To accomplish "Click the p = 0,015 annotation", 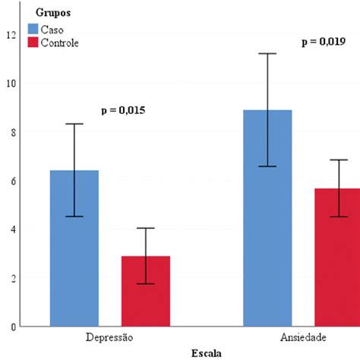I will pos(123,111).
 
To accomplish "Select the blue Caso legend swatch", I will pos(33,29).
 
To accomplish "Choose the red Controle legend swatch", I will pos(33,43).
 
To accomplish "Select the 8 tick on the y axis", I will pos(11,132).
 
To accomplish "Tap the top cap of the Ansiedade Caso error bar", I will pos(267,54).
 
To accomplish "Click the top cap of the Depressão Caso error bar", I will pos(74,124).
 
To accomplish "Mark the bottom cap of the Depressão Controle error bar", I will pos(146,284).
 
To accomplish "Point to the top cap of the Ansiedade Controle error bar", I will pos(339,160).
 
